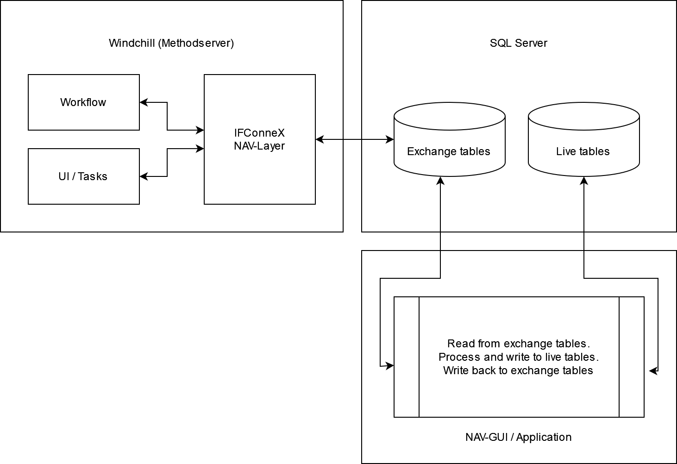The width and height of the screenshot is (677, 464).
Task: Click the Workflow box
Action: pos(83,102)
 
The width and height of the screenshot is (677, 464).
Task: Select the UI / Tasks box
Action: pos(83,176)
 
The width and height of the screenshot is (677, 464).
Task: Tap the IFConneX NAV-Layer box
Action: pos(259,139)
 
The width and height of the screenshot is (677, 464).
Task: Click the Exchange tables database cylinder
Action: pos(449,144)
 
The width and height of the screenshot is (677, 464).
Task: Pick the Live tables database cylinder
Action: pos(583,144)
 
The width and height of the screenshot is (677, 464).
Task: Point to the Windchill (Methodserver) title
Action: pos(171,43)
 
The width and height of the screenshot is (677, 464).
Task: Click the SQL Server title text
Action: pos(519,43)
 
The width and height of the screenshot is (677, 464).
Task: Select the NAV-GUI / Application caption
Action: pos(518,437)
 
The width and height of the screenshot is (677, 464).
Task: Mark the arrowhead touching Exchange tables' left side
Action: pos(390,139)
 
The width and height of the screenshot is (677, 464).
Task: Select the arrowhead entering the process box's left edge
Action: pos(390,366)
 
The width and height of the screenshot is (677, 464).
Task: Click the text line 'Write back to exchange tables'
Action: pos(518,370)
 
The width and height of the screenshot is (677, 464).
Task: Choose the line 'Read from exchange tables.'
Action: pos(518,344)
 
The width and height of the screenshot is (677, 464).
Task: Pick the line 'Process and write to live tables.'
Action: pos(518,357)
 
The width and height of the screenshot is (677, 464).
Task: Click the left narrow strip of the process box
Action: pos(407,357)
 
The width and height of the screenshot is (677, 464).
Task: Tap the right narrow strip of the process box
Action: pos(632,357)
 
